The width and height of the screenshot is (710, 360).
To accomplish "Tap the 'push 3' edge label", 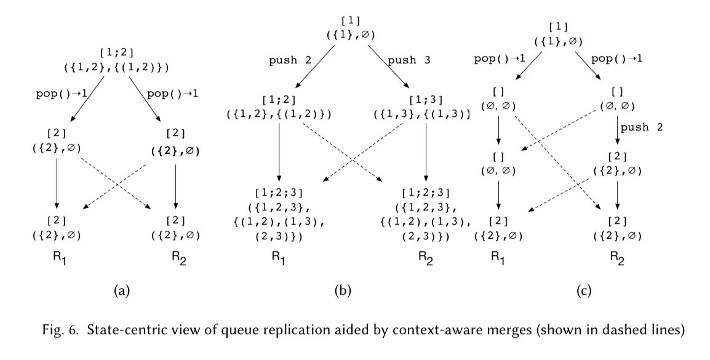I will tap(409, 62).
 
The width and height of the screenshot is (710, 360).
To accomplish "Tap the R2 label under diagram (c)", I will tap(617, 258).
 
